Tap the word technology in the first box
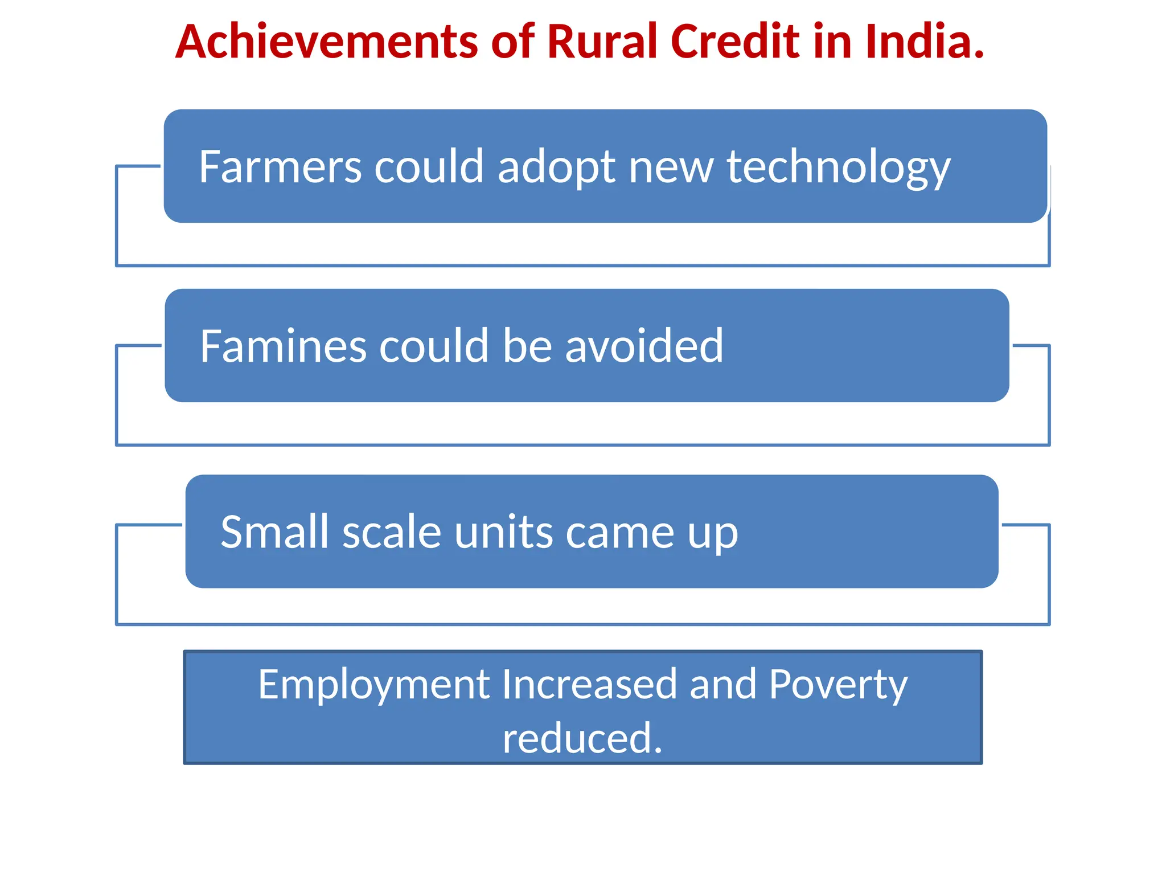point(838,167)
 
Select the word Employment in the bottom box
point(374,685)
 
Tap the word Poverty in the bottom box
point(838,685)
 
